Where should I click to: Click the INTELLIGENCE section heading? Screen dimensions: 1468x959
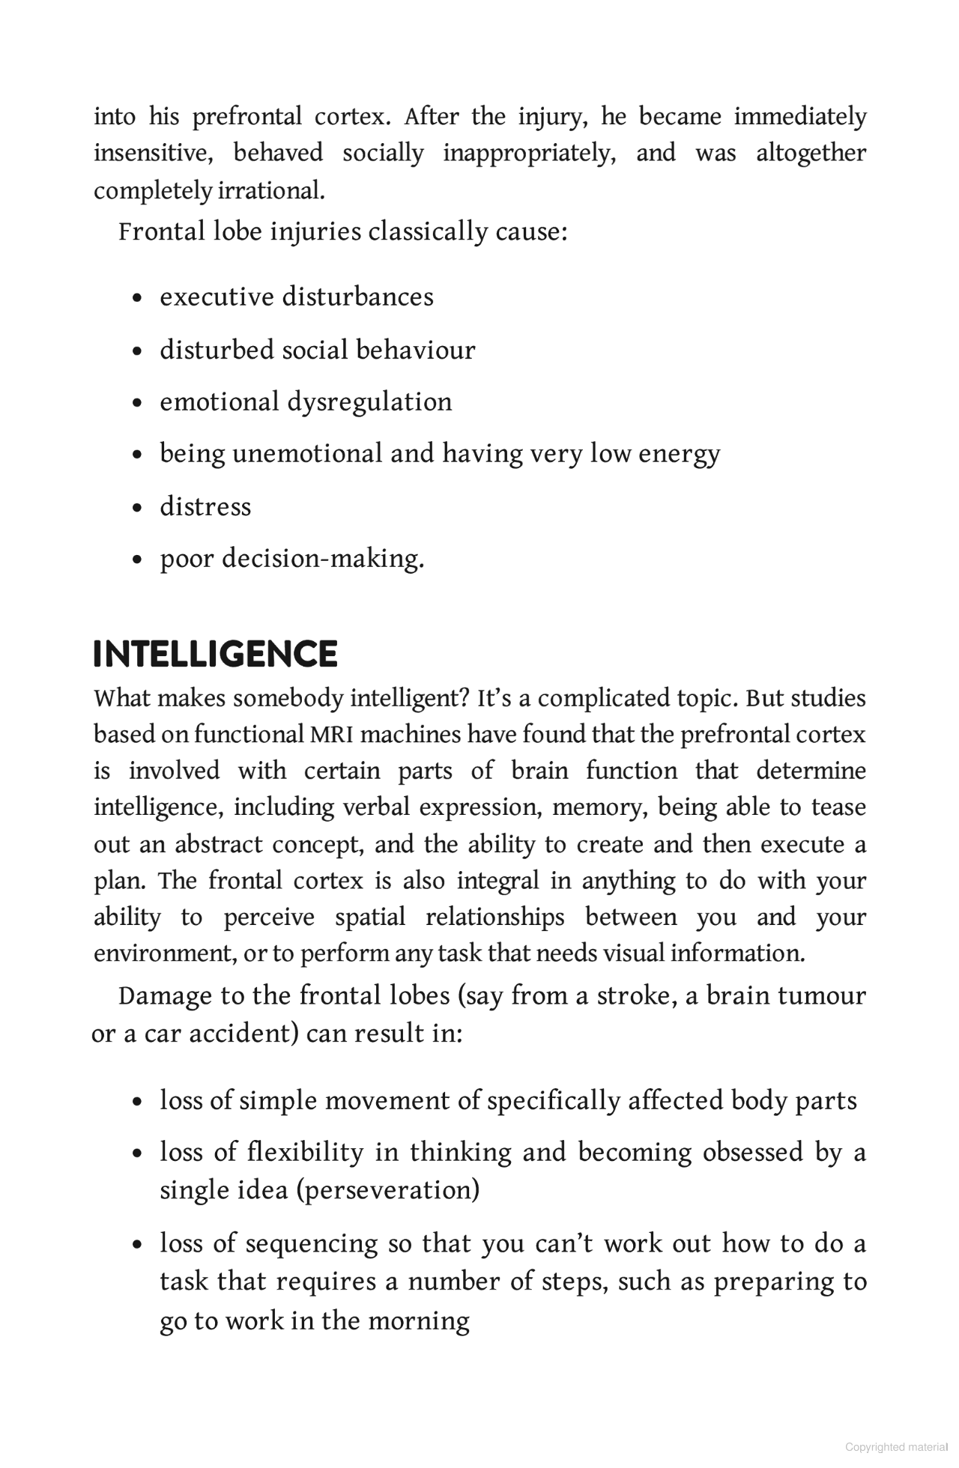coord(215,654)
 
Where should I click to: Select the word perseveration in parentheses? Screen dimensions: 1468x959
coord(388,1189)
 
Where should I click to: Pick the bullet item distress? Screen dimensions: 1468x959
coord(205,506)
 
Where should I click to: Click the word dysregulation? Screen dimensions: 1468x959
coord(369,402)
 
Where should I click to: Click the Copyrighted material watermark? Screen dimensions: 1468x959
coord(896,1447)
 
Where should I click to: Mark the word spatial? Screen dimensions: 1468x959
coord(370,917)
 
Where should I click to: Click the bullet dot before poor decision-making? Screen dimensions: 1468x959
coord(136,559)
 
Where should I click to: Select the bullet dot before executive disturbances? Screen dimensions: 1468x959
coord(136,298)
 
